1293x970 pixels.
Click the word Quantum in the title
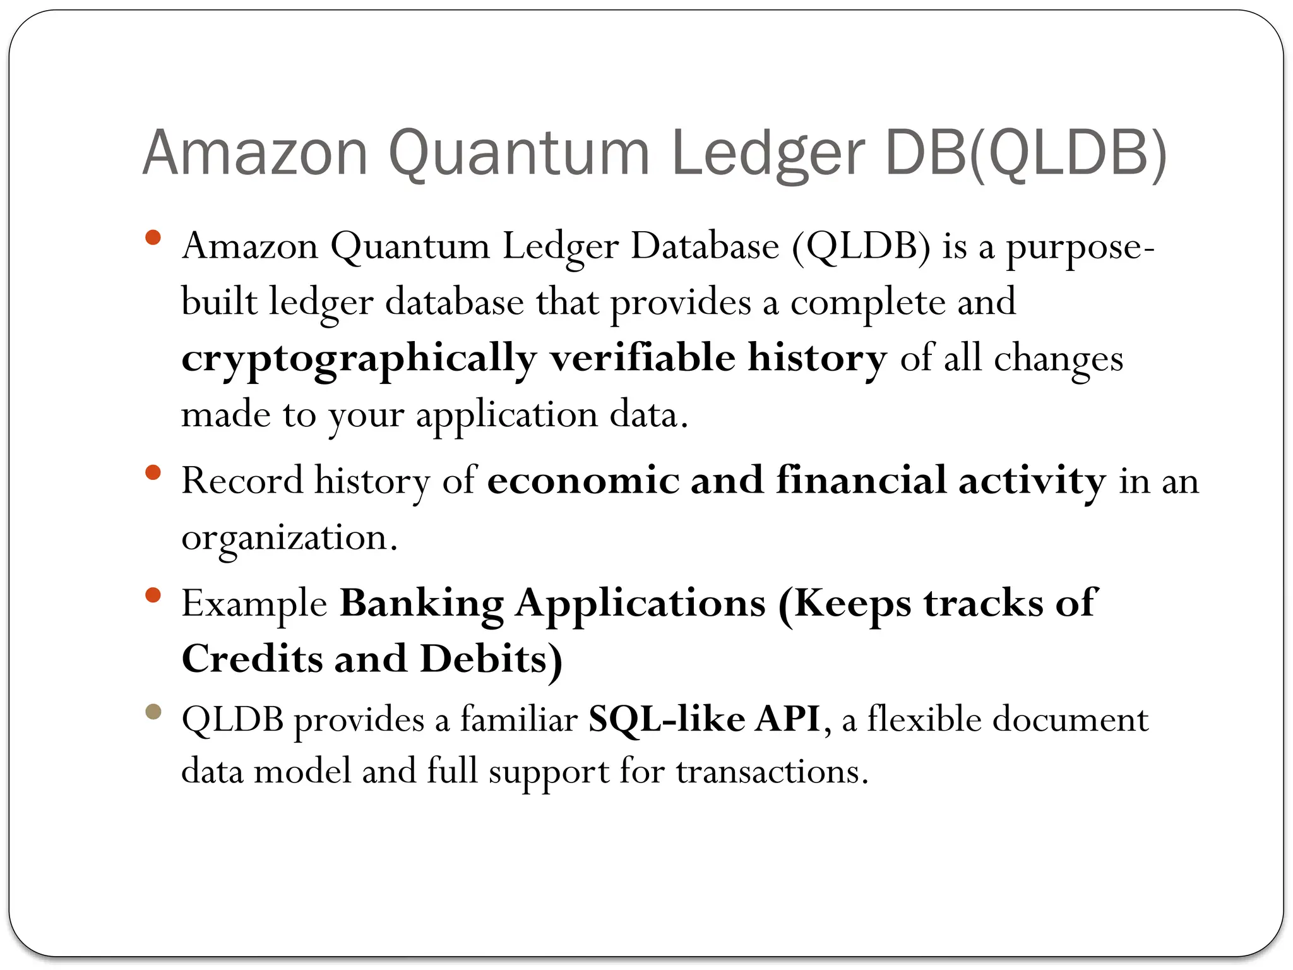point(518,153)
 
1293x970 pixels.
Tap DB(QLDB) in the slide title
point(1026,153)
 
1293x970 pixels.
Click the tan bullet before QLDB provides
point(153,712)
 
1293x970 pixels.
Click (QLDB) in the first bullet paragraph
point(861,246)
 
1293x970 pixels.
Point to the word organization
point(289,539)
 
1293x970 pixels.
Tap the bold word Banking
point(422,604)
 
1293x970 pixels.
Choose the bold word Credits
point(251,659)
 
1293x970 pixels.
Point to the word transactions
point(772,772)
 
